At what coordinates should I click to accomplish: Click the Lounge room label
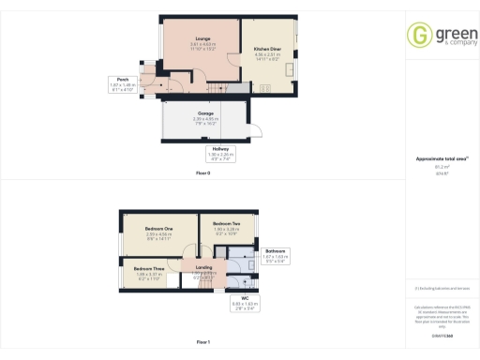click(202, 39)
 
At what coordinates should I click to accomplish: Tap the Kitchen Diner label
click(268, 50)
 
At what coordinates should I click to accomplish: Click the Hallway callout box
click(218, 153)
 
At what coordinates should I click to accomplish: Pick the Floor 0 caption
click(202, 174)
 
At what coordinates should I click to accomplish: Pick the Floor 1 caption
click(202, 342)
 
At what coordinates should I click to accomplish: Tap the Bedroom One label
click(158, 229)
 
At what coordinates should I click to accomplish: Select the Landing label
click(204, 267)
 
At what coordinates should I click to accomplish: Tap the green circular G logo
click(419, 35)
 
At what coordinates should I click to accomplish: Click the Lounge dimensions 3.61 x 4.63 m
click(202, 44)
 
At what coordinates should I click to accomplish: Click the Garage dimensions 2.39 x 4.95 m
click(204, 119)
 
